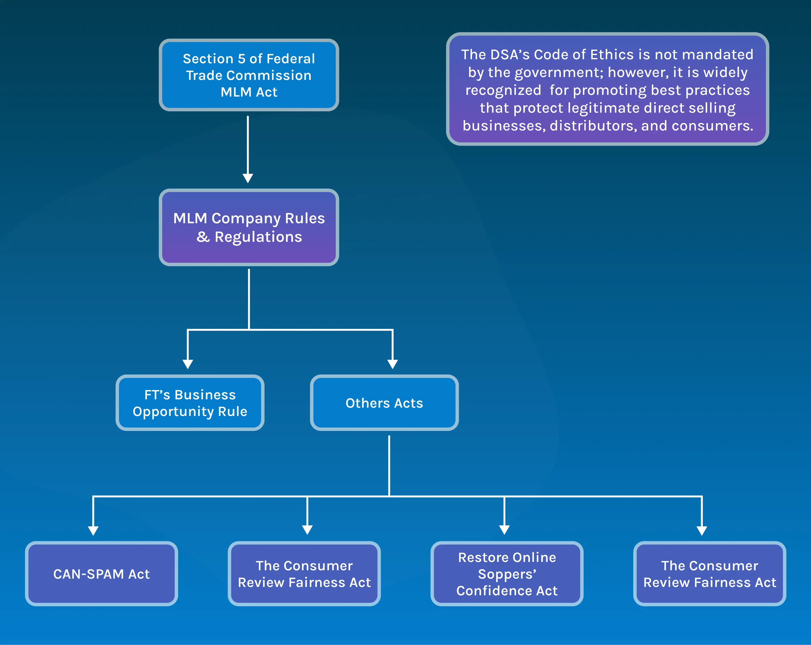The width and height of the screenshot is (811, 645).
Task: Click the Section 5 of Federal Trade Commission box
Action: point(249,75)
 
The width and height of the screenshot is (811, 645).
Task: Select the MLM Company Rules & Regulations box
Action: point(249,227)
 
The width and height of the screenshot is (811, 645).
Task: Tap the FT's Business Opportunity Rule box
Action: point(190,403)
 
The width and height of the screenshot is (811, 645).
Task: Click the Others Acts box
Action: point(384,403)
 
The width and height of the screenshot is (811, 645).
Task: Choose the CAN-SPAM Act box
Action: point(101,574)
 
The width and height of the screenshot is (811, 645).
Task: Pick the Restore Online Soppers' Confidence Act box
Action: point(507,574)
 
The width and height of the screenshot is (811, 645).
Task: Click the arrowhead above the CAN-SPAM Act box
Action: point(93,530)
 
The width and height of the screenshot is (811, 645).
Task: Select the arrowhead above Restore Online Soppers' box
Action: point(504,530)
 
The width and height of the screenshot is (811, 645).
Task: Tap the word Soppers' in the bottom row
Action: point(507,574)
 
